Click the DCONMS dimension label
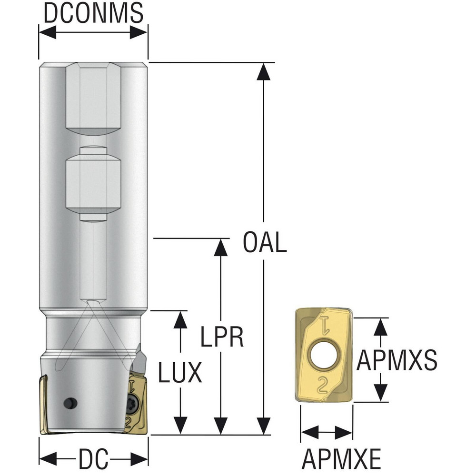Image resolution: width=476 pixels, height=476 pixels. [x=93, y=13]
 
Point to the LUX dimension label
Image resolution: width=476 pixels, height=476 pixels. [x=180, y=372]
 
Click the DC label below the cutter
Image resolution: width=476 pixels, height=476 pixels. [x=93, y=458]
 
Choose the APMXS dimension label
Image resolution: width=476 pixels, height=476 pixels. [x=397, y=360]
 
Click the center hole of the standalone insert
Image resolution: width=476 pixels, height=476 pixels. [x=324, y=355]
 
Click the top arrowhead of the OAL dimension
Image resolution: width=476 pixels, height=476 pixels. [x=263, y=72]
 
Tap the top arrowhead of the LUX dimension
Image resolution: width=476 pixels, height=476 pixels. [x=180, y=320]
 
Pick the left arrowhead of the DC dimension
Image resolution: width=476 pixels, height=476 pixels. [x=48, y=458]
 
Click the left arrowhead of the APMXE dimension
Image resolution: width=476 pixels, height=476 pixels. [x=309, y=432]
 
